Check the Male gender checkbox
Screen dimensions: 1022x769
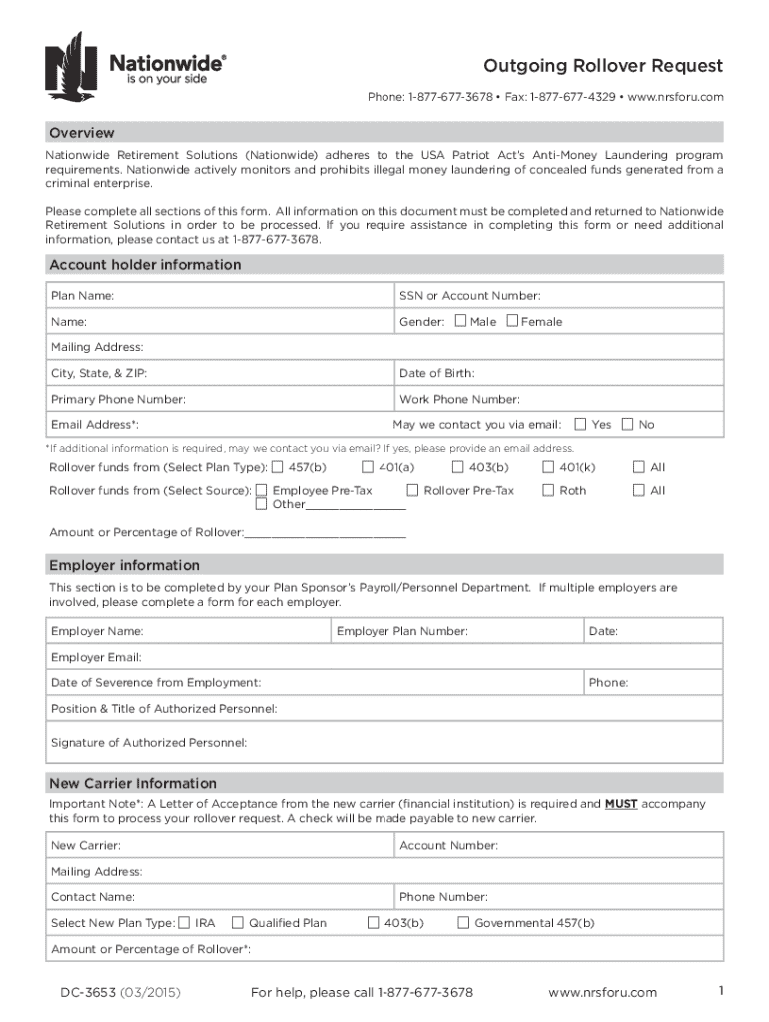click(x=460, y=321)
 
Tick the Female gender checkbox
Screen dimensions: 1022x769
click(x=512, y=321)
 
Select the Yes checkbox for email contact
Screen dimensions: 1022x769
click(x=582, y=424)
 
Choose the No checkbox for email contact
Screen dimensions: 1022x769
click(x=628, y=424)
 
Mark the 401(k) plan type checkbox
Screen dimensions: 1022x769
click(x=548, y=467)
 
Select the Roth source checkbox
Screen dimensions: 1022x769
click(x=548, y=490)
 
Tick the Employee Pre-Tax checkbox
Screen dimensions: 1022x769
click(x=261, y=490)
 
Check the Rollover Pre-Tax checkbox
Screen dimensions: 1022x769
click(x=412, y=490)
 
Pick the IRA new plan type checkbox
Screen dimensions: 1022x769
click(x=184, y=923)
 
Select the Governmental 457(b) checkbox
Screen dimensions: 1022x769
click(x=463, y=923)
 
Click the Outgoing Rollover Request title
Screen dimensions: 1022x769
click(x=603, y=67)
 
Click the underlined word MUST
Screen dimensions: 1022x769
click(x=621, y=803)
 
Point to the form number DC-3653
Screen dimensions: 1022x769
click(x=86, y=992)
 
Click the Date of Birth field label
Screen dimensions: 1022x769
click(x=437, y=373)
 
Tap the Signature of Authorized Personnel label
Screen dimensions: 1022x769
click(x=149, y=742)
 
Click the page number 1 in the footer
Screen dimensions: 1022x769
click(x=719, y=990)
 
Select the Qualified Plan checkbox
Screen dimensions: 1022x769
click(x=238, y=923)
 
